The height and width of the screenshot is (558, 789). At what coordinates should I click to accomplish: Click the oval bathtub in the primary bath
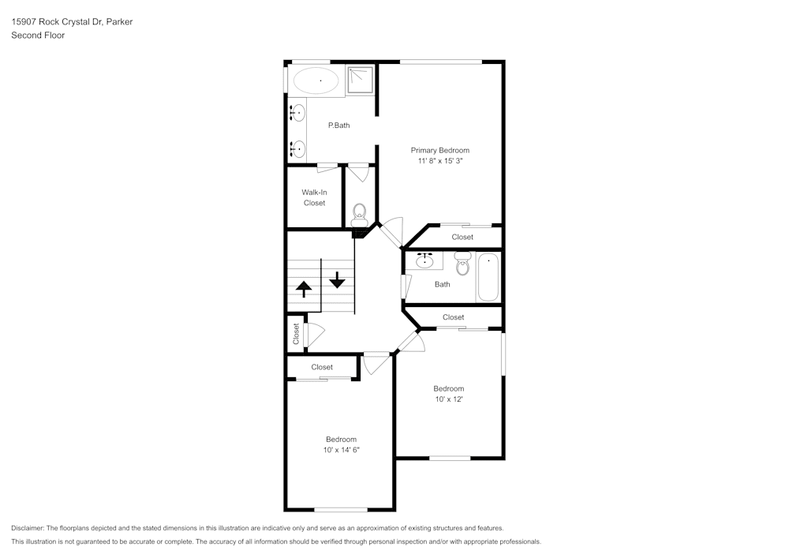[316, 81]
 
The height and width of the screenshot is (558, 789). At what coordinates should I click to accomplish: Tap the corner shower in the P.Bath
[361, 79]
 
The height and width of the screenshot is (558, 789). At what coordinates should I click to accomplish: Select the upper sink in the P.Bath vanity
[298, 114]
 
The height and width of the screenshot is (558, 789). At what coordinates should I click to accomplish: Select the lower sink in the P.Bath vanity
[298, 148]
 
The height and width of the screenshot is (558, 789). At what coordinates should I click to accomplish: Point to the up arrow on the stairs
[303, 287]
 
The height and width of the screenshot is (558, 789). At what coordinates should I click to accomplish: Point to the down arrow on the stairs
[338, 279]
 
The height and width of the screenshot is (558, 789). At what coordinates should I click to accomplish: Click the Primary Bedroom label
[439, 150]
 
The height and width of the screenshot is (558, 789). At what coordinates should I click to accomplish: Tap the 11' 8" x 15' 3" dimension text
[439, 161]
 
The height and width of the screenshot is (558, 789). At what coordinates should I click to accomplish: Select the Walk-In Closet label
[313, 197]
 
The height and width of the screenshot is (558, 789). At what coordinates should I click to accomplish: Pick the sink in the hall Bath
[426, 260]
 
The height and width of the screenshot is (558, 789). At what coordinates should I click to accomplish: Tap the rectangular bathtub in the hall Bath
[488, 276]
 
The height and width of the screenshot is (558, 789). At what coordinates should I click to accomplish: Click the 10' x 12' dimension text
[448, 399]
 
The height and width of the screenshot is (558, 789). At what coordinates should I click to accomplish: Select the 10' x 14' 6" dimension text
[341, 450]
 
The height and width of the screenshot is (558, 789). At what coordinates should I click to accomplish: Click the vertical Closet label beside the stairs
[297, 335]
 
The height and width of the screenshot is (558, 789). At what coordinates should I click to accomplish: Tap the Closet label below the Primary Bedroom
[462, 237]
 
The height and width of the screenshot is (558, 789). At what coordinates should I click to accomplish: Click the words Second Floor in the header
[38, 36]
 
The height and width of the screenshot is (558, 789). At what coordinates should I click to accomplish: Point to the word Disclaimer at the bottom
[28, 528]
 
